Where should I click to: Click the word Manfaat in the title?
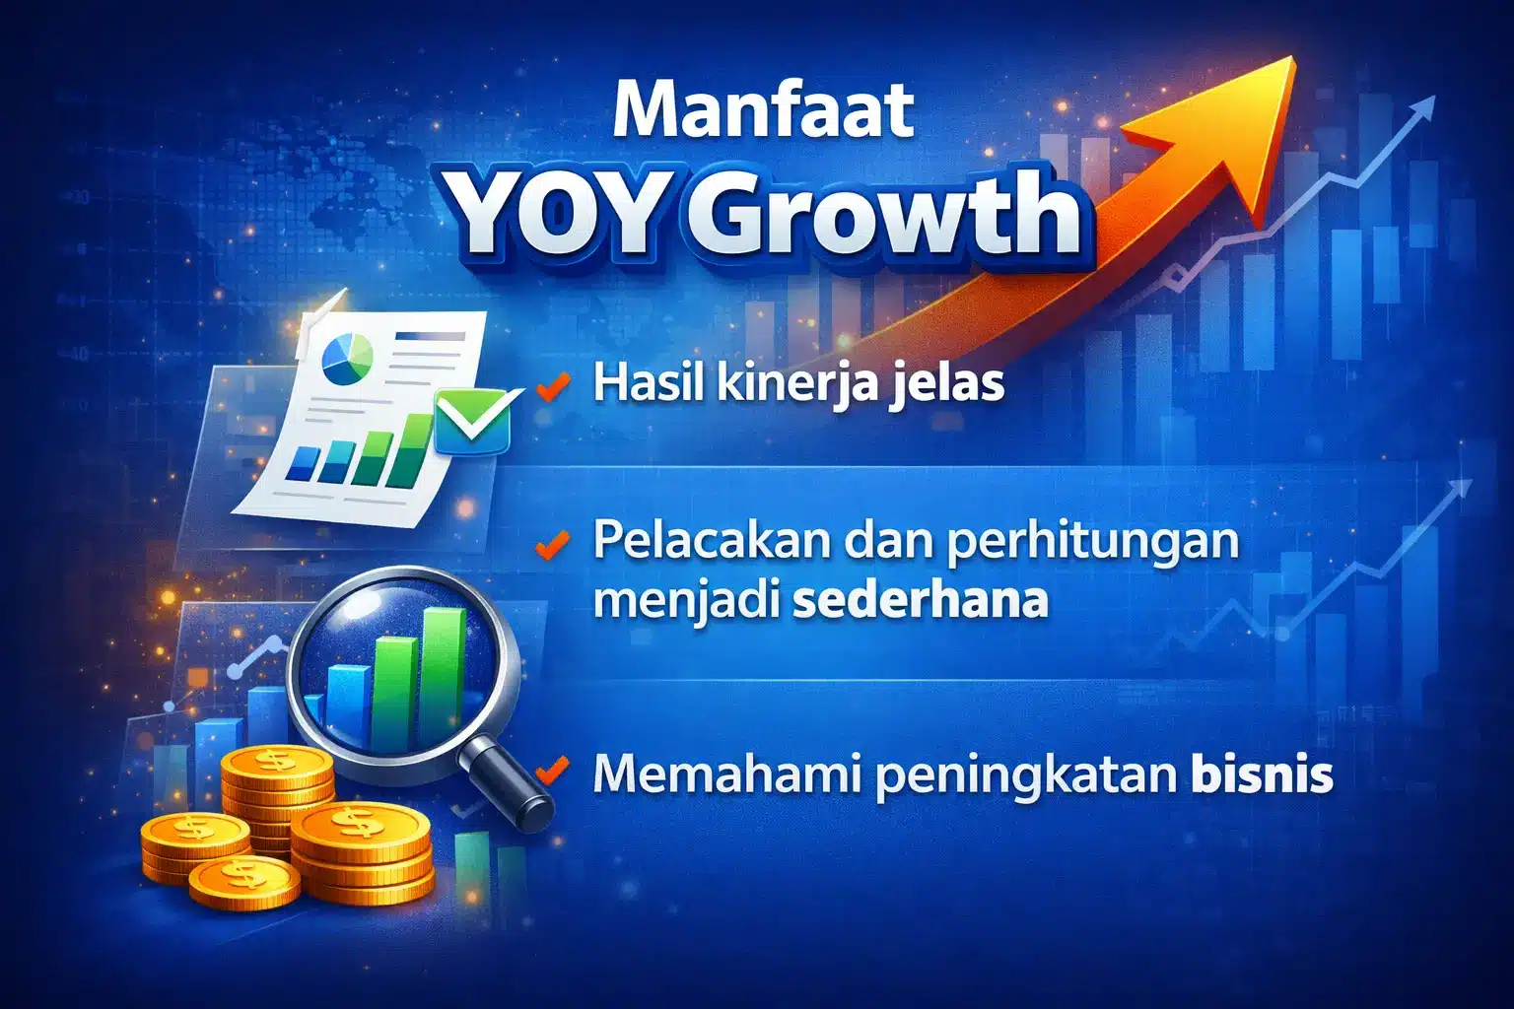coord(762,110)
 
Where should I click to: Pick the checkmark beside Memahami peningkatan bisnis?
coord(554,771)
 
